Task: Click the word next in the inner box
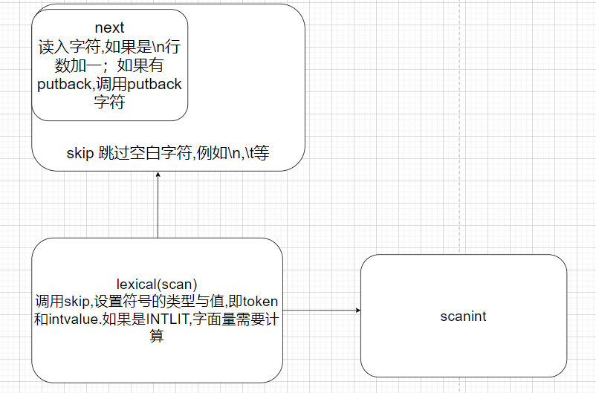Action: click(x=109, y=28)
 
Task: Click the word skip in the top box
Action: click(x=78, y=154)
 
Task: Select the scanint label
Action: click(x=463, y=316)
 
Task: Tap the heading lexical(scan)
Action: click(x=156, y=284)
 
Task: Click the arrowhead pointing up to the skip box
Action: click(x=158, y=175)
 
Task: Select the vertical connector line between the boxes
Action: click(x=158, y=208)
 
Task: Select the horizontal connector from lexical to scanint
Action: click(x=320, y=310)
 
